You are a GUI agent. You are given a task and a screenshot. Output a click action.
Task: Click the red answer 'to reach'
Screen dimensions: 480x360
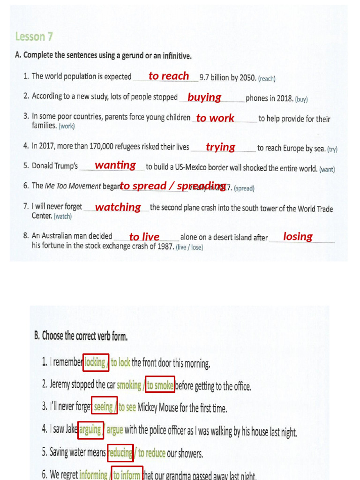click(x=169, y=76)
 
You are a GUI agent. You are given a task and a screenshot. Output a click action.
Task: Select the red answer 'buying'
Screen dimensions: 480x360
click(x=204, y=97)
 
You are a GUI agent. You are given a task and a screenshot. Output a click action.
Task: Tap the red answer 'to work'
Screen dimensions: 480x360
click(x=215, y=118)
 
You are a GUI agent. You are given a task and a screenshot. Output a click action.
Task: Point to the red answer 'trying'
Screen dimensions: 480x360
click(x=220, y=147)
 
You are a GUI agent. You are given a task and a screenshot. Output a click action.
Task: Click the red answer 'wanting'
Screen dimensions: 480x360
click(x=115, y=165)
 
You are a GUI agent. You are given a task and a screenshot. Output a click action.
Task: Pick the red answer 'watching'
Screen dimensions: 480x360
click(x=118, y=207)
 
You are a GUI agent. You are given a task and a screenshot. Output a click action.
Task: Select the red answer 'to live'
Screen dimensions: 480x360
click(x=144, y=237)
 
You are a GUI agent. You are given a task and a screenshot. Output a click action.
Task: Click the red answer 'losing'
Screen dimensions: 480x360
click(x=298, y=236)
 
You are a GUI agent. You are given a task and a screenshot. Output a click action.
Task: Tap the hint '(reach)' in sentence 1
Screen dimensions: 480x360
click(x=267, y=79)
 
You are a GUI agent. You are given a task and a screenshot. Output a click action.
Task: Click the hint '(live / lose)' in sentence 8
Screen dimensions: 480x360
click(x=189, y=247)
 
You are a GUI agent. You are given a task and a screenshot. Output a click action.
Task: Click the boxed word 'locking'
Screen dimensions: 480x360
click(x=96, y=362)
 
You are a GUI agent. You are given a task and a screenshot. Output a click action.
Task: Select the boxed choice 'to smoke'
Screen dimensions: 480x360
click(x=160, y=385)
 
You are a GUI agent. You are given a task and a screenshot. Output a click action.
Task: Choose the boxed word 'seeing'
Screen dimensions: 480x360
click(x=104, y=407)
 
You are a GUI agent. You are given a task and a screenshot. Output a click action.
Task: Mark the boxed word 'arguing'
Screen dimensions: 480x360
click(x=90, y=430)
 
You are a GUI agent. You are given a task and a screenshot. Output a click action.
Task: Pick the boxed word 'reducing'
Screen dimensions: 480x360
click(x=120, y=453)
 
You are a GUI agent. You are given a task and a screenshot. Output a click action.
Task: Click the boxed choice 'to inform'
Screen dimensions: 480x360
click(x=127, y=474)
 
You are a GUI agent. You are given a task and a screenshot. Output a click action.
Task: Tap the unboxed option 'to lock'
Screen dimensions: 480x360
click(x=120, y=362)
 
